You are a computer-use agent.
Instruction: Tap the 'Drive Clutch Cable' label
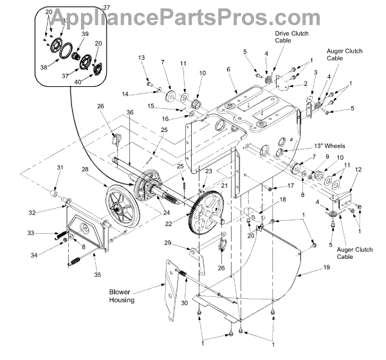point(284,36)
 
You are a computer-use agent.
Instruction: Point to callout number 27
point(107,6)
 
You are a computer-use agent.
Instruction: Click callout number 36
point(130,112)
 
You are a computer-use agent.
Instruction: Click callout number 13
point(141,58)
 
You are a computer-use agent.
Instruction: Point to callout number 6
point(228,70)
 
